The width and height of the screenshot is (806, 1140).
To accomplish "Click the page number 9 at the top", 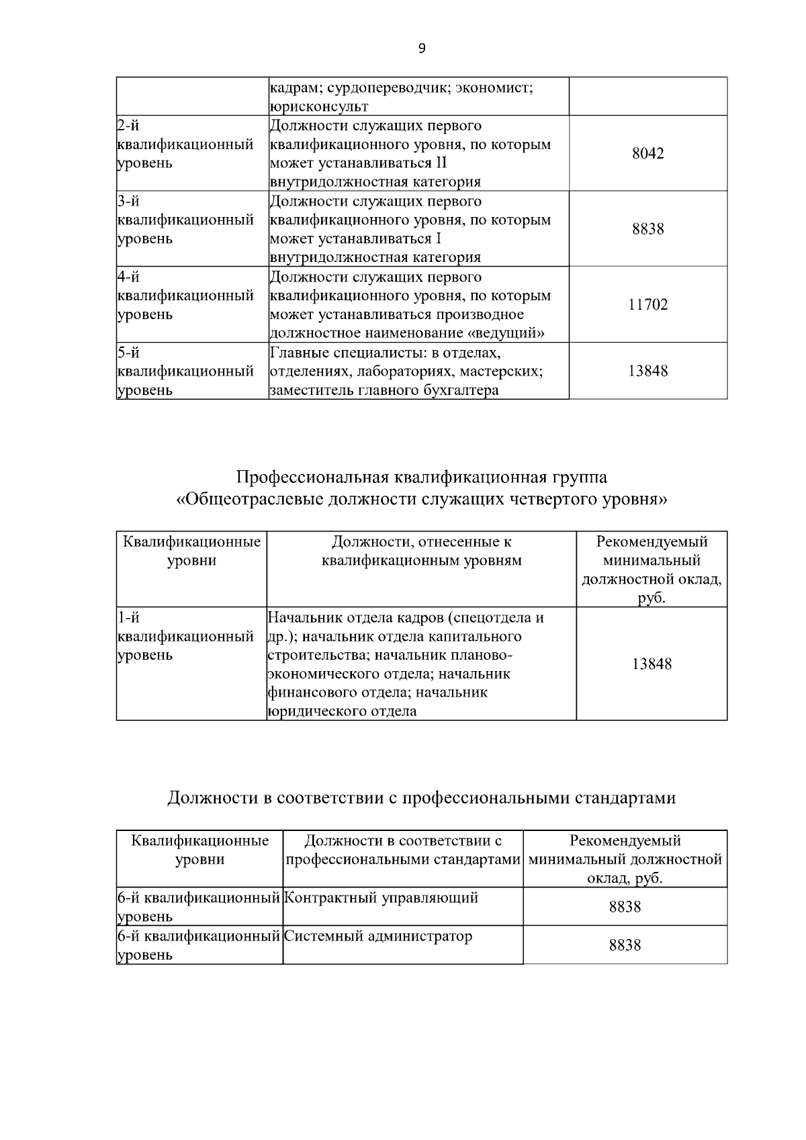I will coord(422,48).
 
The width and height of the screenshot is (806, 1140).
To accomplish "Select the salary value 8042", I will coord(648,153).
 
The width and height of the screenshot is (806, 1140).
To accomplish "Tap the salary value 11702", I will coord(648,305).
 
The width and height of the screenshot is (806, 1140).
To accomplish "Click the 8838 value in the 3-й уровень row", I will coord(648,229).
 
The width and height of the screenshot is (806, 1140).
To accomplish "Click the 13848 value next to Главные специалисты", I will coord(648,371).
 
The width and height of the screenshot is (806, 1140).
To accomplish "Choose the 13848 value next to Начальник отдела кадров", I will coord(652,664).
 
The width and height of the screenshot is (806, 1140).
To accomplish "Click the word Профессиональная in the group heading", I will coord(312,477).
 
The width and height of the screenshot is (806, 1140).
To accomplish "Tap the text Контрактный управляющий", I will coord(382,897).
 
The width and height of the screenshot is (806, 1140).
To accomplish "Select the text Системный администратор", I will coord(379,936).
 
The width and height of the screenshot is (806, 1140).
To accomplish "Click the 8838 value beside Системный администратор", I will coord(625,945).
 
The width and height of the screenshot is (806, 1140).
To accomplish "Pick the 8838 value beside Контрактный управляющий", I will coord(625,907).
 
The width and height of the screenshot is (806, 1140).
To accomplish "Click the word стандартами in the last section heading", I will coord(625,798).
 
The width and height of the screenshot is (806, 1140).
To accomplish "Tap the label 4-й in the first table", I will coord(128,277).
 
